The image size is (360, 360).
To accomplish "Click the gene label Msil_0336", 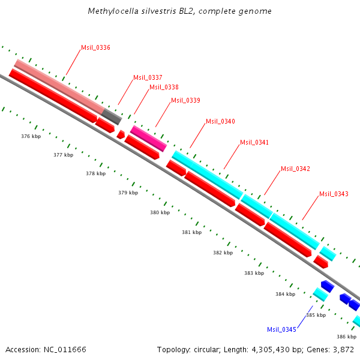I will click(95, 47).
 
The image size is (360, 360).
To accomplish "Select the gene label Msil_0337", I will click(148, 77).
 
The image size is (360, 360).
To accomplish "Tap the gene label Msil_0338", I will click(164, 87).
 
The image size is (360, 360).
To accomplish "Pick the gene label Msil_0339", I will click(185, 100).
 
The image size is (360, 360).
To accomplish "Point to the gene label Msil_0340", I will click(220, 121).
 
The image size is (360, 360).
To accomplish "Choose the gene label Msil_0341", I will click(254, 142).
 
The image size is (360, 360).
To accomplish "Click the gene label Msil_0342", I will click(295, 169).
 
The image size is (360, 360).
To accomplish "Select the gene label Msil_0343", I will click(334, 194).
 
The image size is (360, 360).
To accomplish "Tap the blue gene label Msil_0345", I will click(281, 329).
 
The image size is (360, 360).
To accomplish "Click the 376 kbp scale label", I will click(31, 137).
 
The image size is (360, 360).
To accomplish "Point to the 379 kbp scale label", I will click(128, 193).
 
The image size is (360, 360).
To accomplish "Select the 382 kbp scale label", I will click(223, 253).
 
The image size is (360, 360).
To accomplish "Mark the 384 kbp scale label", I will click(285, 294).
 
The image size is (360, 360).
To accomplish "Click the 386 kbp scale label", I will click(346, 337).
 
